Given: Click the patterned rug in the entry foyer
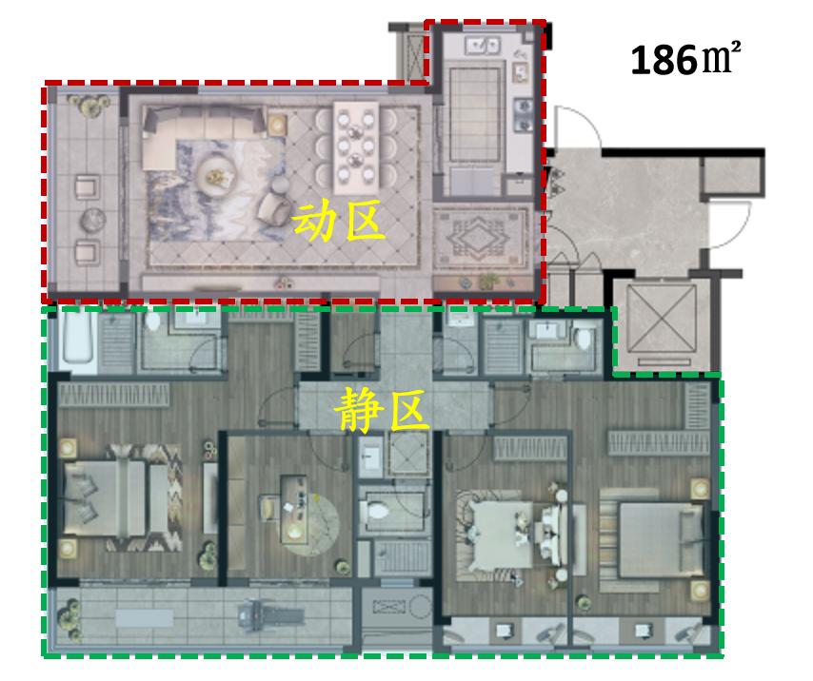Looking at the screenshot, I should point(481,237).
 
